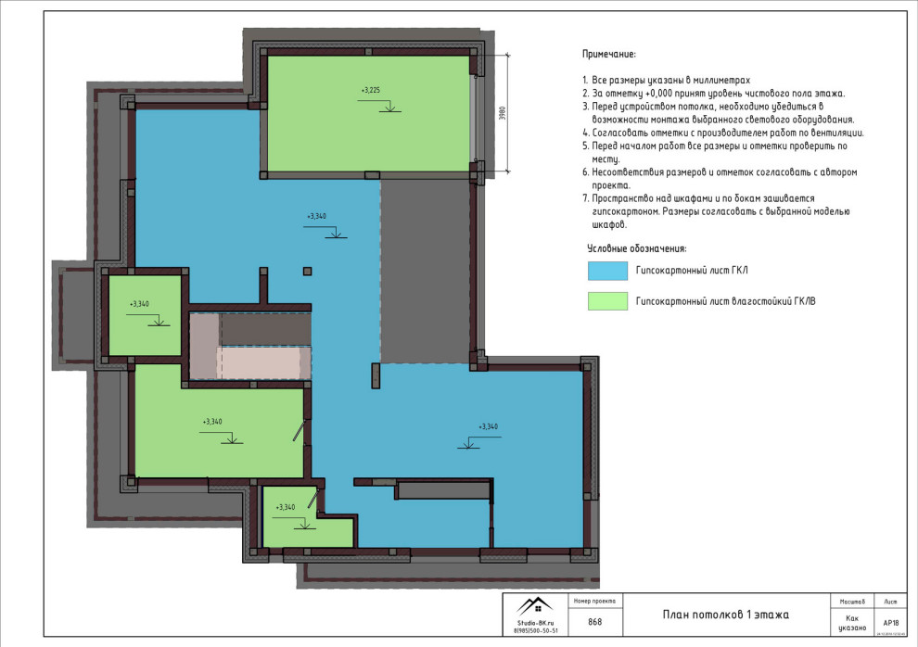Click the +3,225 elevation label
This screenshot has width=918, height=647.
370,90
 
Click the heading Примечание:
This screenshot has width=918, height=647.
609,56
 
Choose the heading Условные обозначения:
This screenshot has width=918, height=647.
636,248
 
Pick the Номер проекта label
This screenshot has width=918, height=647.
594,601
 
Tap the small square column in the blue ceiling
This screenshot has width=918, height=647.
307,271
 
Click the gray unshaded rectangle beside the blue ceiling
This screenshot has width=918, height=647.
426,269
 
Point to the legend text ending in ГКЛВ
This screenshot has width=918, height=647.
725,300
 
